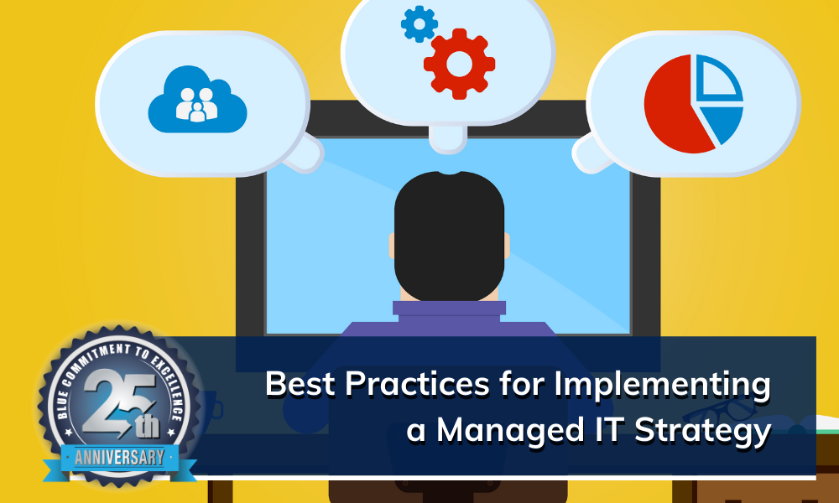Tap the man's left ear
(x=393, y=244)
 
